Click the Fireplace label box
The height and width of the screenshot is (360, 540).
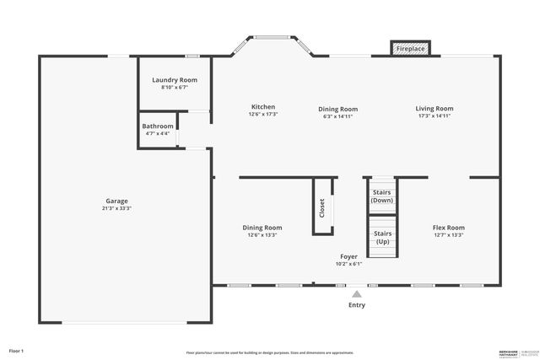(411, 49)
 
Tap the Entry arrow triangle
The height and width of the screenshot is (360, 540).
(357, 294)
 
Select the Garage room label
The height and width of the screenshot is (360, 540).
(116, 201)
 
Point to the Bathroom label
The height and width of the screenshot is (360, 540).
(158, 126)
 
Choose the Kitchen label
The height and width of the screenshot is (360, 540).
(263, 107)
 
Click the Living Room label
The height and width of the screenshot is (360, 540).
(435, 108)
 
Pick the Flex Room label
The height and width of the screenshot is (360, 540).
(448, 228)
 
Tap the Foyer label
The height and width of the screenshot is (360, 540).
(348, 256)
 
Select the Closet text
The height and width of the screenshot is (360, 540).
(321, 207)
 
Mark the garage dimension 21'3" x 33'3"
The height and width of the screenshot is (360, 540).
(117, 209)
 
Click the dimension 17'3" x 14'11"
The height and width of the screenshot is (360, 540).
(435, 116)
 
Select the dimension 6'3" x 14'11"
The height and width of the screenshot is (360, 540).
(337, 116)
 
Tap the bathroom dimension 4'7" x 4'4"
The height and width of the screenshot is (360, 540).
(158, 133)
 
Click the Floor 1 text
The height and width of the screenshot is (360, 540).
(17, 350)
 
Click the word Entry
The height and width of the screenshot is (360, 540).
(357, 305)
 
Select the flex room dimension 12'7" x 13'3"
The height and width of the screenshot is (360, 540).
(448, 235)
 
